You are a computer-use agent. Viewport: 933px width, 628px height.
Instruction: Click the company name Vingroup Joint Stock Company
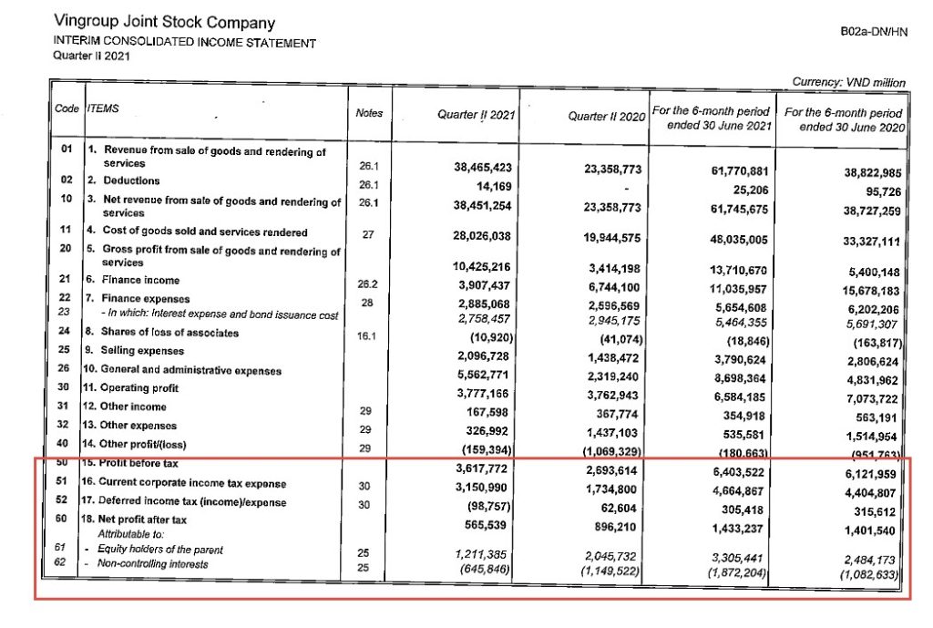(x=164, y=22)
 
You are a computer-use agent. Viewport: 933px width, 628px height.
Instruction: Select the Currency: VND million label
(x=848, y=82)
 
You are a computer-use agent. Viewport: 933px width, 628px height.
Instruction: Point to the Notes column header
(x=369, y=113)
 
